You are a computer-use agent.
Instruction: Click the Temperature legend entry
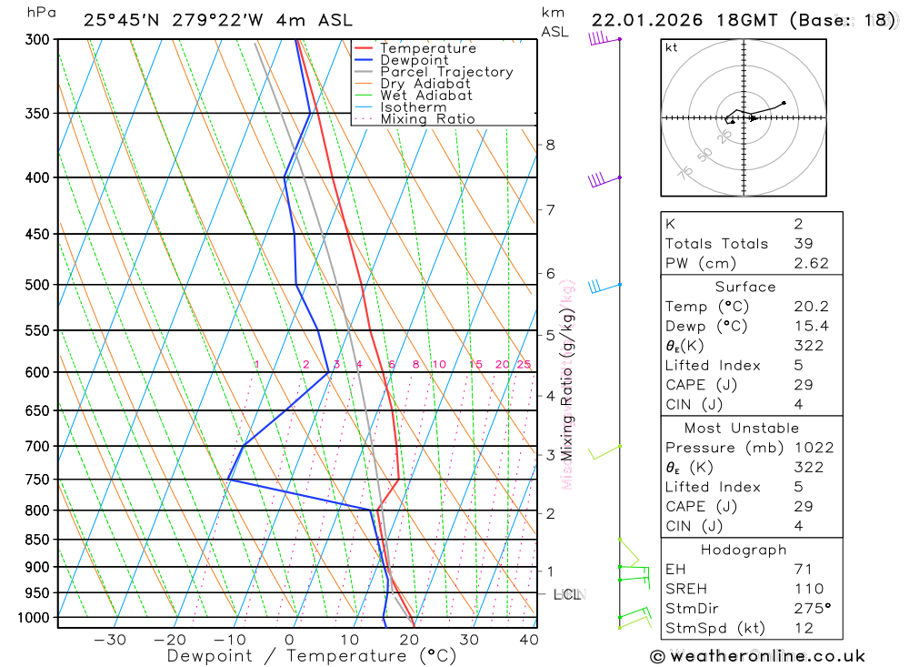pos(427,48)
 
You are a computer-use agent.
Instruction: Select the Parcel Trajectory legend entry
pos(446,72)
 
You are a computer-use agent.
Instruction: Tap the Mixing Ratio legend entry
pos(427,119)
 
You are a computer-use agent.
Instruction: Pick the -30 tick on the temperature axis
pos(110,640)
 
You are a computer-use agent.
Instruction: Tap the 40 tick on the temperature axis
pos(528,640)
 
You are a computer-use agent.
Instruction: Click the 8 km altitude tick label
pos(551,145)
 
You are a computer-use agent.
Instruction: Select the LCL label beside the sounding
pos(566,595)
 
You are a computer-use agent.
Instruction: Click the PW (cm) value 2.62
pos(808,263)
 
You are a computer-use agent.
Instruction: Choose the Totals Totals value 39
pos(801,243)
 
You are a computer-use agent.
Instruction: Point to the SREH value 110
pos(808,589)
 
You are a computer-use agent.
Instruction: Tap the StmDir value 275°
pos(812,609)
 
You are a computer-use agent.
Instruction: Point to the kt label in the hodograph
pos(672,47)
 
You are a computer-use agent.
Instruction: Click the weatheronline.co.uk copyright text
pos(757,656)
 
